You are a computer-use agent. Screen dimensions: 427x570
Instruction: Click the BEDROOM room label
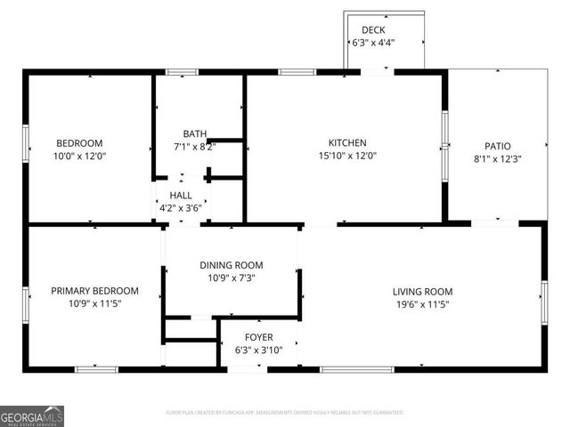point(80,143)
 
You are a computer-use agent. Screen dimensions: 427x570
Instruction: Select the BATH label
point(195,134)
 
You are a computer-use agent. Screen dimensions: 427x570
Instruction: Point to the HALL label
point(181,195)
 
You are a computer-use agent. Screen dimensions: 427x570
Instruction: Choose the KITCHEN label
point(347,142)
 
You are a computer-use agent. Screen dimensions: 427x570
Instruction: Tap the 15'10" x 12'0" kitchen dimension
point(347,156)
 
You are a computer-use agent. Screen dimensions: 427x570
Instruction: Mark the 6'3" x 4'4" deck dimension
point(373,43)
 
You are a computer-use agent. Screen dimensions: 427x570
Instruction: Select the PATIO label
point(498,147)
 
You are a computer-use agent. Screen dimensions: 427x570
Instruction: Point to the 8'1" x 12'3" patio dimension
point(498,159)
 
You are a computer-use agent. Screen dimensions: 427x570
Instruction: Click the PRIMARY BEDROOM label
point(94,291)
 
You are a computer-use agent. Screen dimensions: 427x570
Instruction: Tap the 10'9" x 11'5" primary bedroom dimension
point(94,303)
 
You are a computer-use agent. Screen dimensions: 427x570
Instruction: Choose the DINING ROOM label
point(231,265)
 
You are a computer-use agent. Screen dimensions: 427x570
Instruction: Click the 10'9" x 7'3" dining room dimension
point(231,278)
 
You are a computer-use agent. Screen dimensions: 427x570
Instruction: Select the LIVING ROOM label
point(423,291)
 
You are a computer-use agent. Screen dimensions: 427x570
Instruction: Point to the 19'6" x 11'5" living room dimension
point(423,303)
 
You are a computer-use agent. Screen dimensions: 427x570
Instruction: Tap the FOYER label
point(259,337)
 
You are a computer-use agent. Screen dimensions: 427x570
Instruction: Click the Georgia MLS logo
point(32,415)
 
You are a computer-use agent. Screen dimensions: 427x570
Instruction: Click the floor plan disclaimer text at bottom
point(285,413)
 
